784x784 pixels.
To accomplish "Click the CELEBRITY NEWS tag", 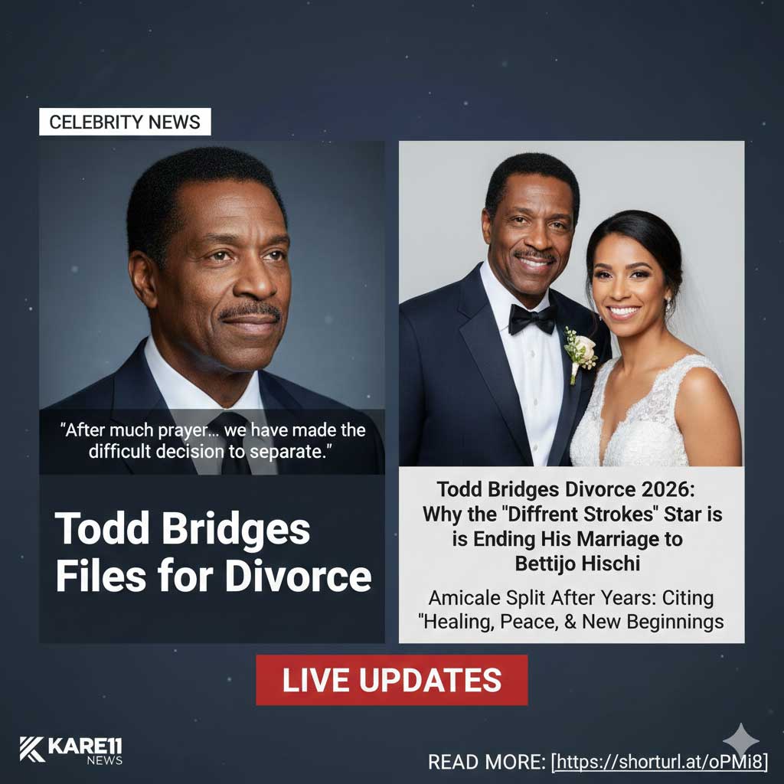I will tap(125, 122).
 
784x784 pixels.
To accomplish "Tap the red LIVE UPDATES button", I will tap(391, 680).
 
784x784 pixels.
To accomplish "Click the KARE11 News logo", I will tap(71, 750).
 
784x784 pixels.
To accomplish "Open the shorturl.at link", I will tap(661, 762).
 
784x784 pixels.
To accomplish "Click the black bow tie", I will tap(532, 318).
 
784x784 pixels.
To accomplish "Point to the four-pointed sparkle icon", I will tap(740, 740).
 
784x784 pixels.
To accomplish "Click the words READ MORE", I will tap(485, 763).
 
